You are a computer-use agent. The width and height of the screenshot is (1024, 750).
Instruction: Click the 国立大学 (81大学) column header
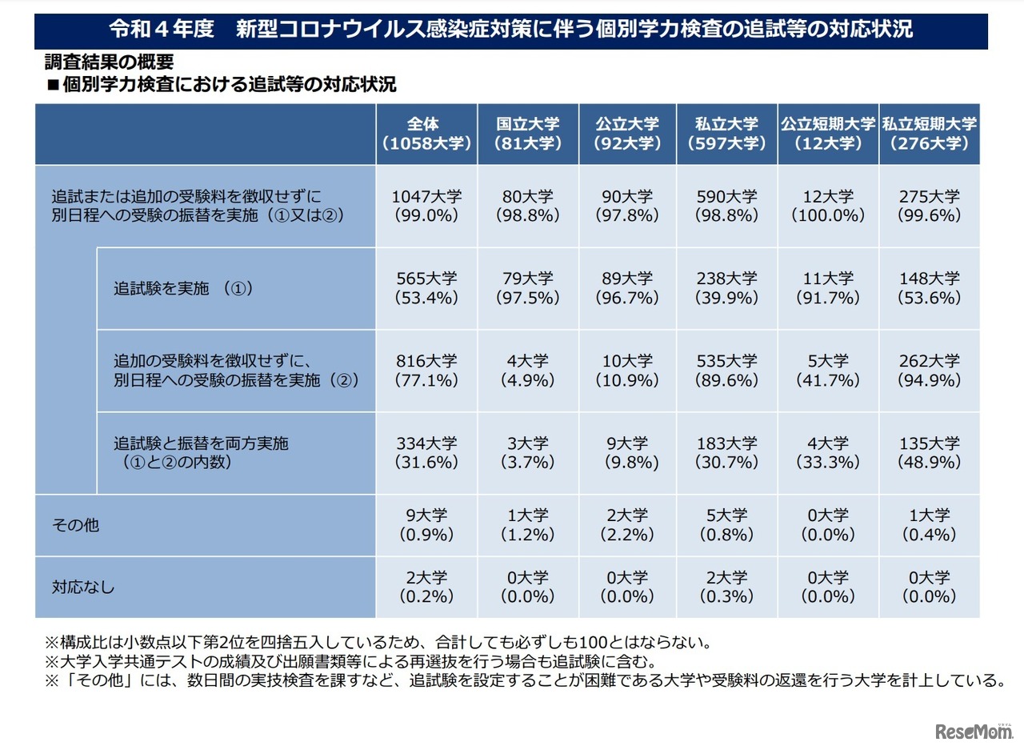(528, 134)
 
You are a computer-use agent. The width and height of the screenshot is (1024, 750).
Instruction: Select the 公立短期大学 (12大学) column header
(828, 134)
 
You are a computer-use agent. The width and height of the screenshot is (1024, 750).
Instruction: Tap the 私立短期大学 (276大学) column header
(930, 134)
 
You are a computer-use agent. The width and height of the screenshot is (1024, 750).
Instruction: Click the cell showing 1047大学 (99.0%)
(426, 206)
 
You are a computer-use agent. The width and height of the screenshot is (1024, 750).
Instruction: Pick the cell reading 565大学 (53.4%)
(426, 288)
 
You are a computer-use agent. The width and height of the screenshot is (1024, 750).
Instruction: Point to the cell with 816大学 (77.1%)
(426, 371)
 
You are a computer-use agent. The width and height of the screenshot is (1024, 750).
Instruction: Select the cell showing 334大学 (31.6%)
(426, 453)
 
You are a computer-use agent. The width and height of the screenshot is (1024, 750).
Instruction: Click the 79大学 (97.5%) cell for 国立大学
(528, 288)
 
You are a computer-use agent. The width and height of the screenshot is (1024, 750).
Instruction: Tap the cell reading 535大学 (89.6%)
(726, 371)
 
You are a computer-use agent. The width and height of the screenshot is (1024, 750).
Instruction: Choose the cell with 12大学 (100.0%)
(828, 206)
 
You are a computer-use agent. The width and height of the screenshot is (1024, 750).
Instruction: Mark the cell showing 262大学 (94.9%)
(930, 371)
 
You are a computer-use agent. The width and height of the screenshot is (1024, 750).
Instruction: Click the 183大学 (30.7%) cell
(726, 453)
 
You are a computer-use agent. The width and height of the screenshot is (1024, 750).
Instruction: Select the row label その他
(76, 526)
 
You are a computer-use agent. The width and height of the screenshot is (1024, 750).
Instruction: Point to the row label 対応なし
(83, 588)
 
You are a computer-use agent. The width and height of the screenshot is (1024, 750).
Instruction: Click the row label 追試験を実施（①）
(183, 289)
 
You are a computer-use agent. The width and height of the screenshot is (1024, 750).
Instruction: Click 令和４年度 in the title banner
(162, 30)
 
